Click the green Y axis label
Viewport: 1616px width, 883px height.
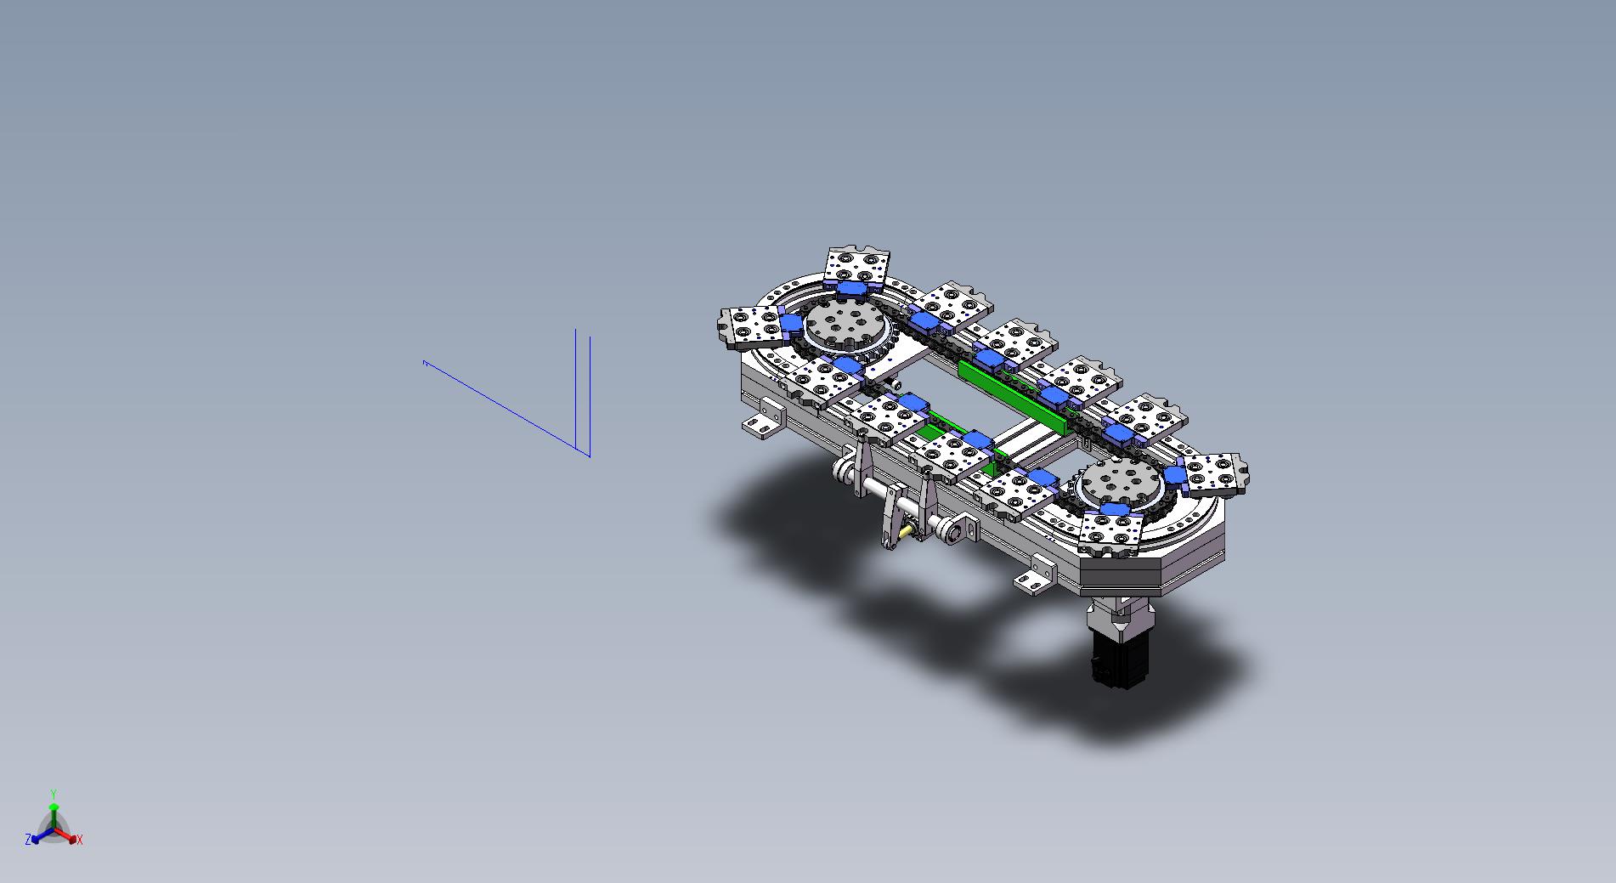point(53,794)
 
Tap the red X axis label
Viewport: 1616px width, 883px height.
point(80,840)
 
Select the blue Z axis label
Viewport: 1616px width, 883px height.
point(28,839)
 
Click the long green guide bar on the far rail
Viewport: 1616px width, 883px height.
point(1013,396)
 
